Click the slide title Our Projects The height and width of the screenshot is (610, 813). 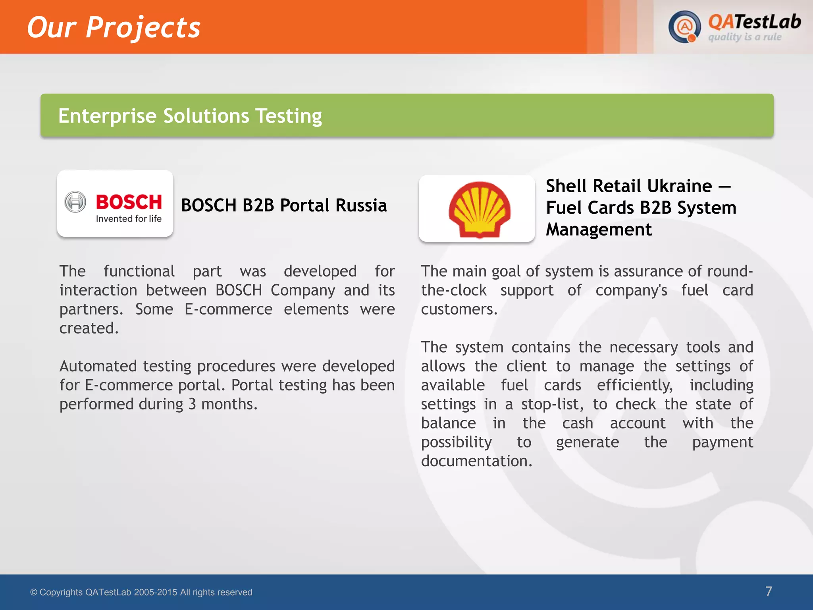(114, 28)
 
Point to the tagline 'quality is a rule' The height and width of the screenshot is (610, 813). (745, 37)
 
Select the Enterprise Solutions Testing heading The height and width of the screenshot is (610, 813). (190, 116)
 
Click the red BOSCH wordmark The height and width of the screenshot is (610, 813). (129, 202)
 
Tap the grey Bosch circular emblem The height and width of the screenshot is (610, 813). (75, 202)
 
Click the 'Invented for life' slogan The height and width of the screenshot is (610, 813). (129, 219)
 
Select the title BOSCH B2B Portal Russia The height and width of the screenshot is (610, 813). (284, 206)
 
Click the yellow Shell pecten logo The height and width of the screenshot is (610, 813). (480, 209)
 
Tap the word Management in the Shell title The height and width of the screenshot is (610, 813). (599, 230)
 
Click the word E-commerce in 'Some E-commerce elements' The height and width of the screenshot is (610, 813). (228, 309)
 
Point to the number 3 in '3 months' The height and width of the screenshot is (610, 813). (192, 404)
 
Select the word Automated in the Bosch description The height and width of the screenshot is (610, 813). (98, 366)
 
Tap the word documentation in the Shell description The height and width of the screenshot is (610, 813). (476, 461)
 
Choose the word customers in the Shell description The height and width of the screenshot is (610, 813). (459, 309)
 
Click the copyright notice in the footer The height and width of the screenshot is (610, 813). (141, 592)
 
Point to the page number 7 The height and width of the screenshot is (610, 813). (769, 591)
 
